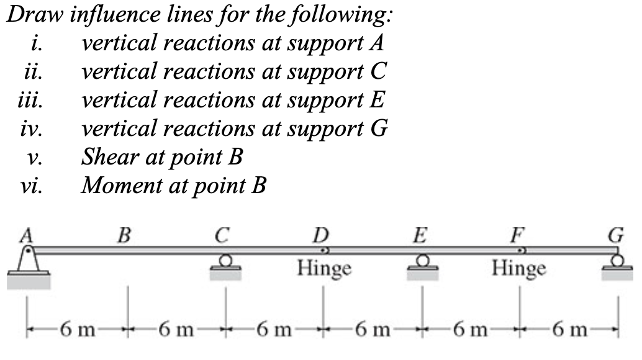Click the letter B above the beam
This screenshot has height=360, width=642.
click(125, 235)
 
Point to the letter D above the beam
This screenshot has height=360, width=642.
click(322, 235)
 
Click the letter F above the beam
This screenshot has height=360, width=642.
click(518, 235)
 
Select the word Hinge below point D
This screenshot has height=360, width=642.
click(324, 269)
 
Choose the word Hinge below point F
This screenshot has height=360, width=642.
click(520, 269)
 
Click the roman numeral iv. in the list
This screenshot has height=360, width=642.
click(30, 129)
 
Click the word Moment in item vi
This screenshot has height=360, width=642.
click(121, 185)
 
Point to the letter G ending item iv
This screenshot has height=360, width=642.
click(378, 129)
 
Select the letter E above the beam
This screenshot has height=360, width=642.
click(420, 235)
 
